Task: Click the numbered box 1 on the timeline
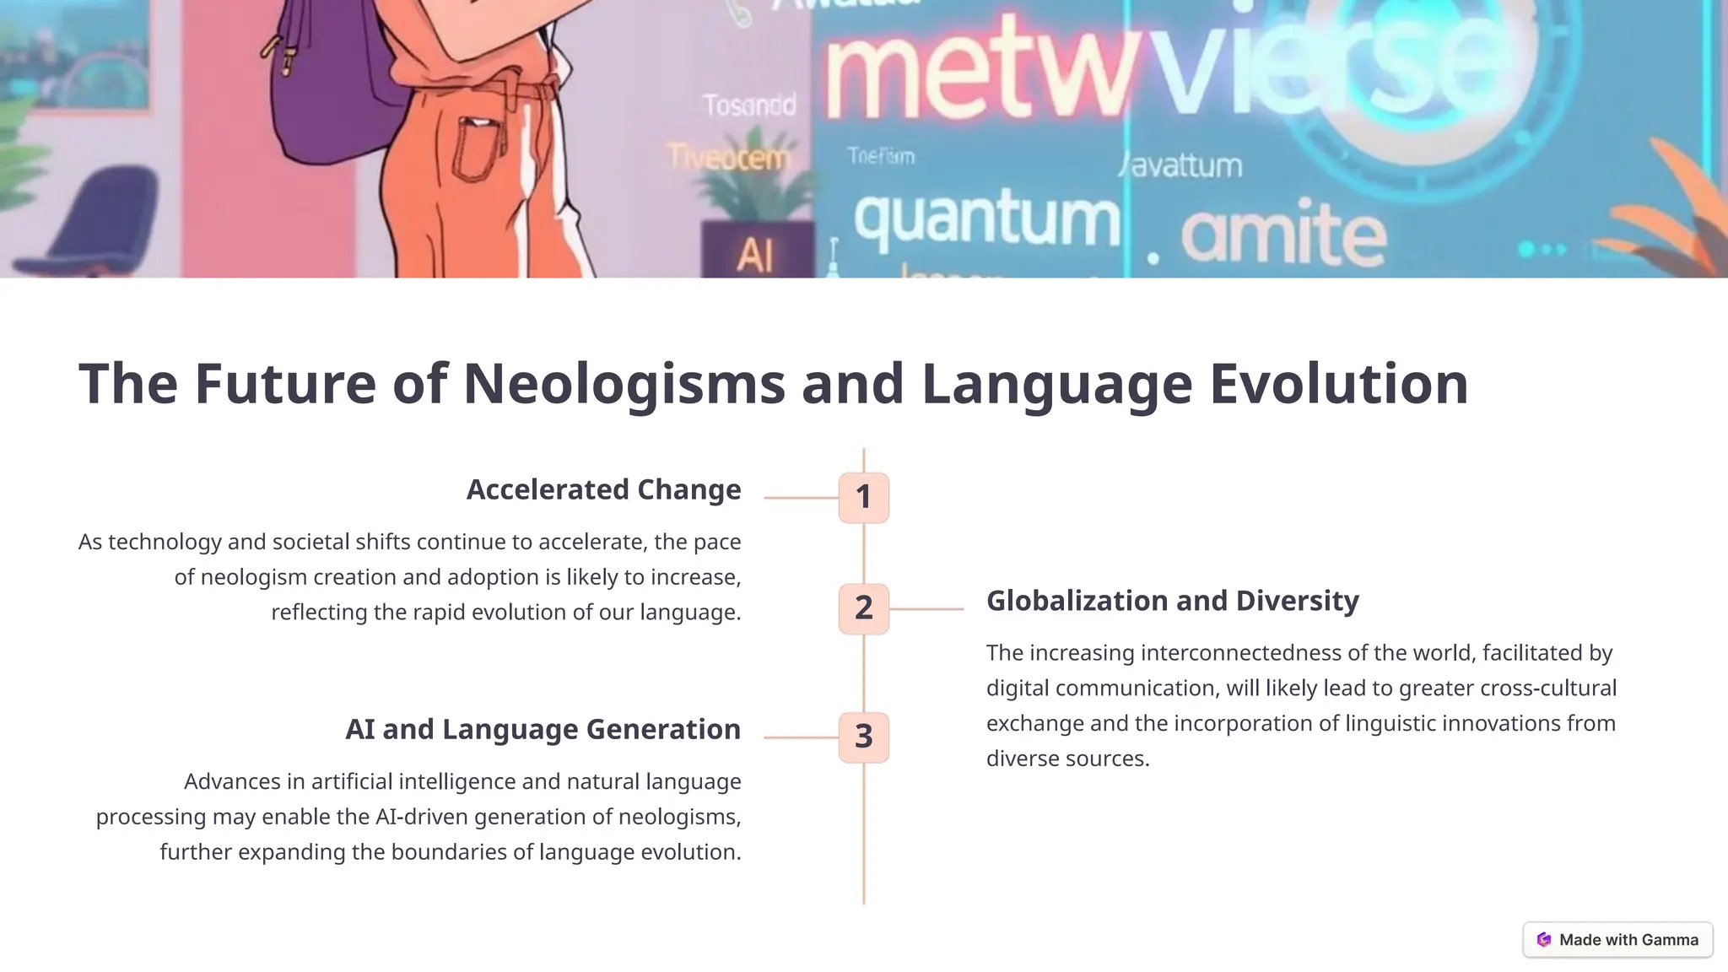tap(863, 497)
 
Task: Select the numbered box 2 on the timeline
tap(863, 608)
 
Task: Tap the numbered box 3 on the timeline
tap(863, 737)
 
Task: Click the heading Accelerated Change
tap(603, 489)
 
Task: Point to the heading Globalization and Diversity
tap(1172, 601)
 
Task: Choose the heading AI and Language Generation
tap(543, 729)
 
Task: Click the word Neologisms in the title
tap(624, 384)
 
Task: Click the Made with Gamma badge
tap(1617, 939)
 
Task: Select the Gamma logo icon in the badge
tap(1544, 939)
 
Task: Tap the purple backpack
tap(329, 93)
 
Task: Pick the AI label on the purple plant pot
tap(754, 254)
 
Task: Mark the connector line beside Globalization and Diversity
tap(926, 608)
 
